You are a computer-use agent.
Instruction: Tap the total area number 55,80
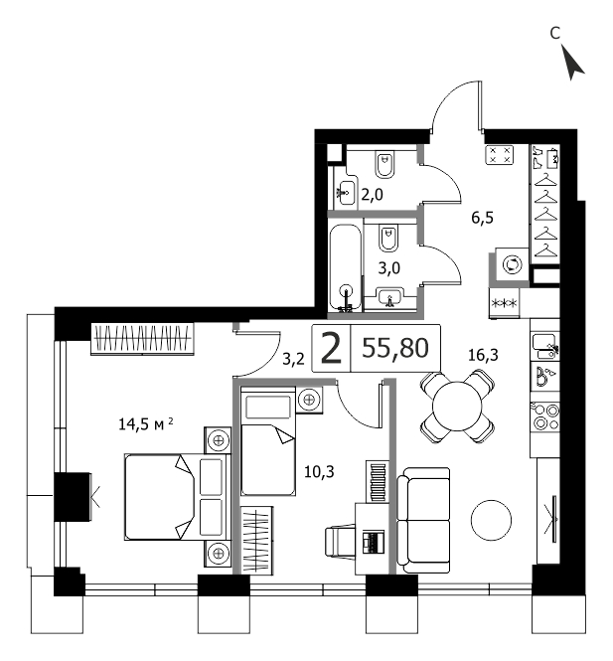pyautogui.click(x=395, y=348)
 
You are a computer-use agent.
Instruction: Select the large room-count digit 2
pyautogui.click(x=331, y=348)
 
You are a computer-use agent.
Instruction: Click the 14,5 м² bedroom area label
pyautogui.click(x=146, y=423)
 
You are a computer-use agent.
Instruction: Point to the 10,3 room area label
pyautogui.click(x=319, y=472)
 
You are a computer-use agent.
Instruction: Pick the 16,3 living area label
pyautogui.click(x=483, y=355)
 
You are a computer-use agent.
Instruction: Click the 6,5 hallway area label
pyautogui.click(x=483, y=218)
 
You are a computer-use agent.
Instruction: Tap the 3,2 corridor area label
pyautogui.click(x=293, y=359)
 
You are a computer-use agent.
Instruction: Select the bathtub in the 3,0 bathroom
pyautogui.click(x=346, y=268)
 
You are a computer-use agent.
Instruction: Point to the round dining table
pyautogui.click(x=457, y=407)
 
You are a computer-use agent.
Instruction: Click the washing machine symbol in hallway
pyautogui.click(x=513, y=264)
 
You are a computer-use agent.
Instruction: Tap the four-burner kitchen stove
pyautogui.click(x=545, y=416)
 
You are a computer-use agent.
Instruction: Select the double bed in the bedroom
pyautogui.click(x=178, y=497)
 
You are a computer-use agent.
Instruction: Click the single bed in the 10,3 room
pyautogui.click(x=267, y=441)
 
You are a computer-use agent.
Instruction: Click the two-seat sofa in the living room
pyautogui.click(x=423, y=520)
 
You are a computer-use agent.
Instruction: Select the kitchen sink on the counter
pyautogui.click(x=545, y=346)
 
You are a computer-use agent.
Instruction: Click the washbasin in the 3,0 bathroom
pyautogui.click(x=390, y=297)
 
